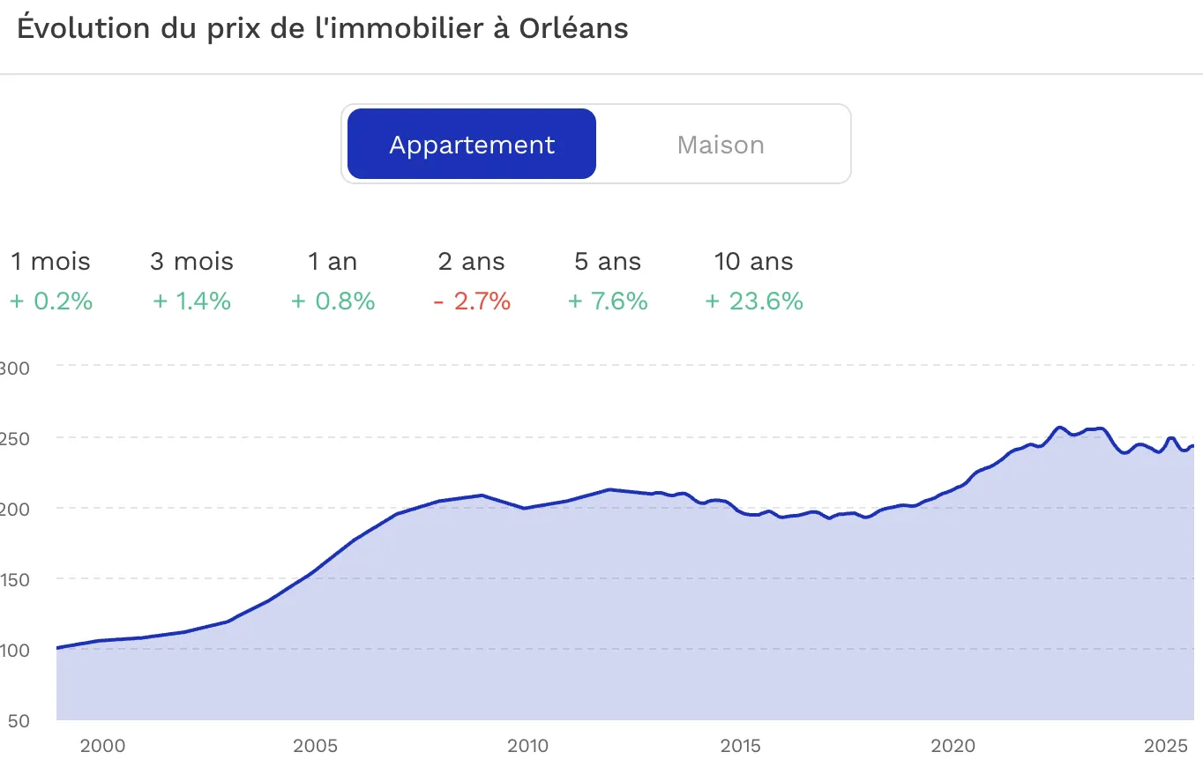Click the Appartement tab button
pos(472,145)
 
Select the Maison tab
pos(721,145)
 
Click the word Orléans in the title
pos(573,28)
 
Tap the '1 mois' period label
pos(50,262)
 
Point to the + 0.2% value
pos(51,302)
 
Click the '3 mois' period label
pos(192,262)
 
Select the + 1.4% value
pos(192,302)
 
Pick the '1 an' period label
pos(333,262)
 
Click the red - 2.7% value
pos(472,302)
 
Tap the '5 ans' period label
pos(608,262)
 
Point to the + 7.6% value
pos(608,302)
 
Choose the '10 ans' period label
pos(753,262)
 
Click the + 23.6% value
pos(754,302)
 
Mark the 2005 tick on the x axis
pos(315,747)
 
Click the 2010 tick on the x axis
pos(527,747)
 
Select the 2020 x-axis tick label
pos(954,747)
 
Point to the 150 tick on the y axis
pos(16,579)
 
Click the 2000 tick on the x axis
pos(102,747)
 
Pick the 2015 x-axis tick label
pos(741,747)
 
